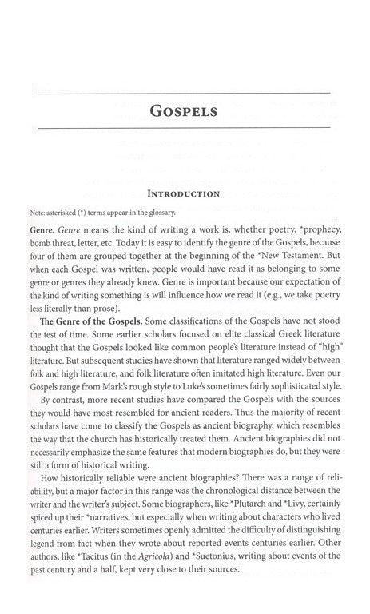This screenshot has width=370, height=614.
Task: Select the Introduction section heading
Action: click(185, 193)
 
